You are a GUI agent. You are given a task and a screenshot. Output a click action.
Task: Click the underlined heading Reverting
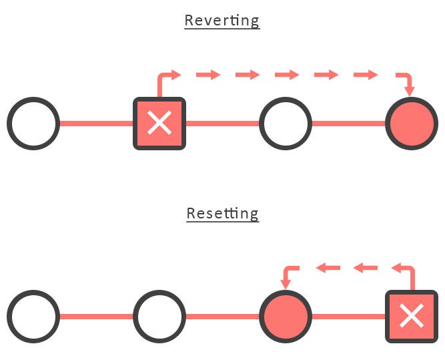point(221,20)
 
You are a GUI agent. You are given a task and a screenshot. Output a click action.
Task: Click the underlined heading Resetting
point(222,214)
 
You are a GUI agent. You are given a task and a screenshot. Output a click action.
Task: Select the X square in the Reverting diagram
point(159,124)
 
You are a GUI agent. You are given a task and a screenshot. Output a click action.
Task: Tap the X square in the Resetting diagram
point(411,316)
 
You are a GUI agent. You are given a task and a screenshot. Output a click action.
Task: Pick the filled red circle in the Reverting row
point(411,124)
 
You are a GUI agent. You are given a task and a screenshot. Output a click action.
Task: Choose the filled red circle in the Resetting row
point(285,316)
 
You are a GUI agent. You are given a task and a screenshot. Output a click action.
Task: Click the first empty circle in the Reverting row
point(33,124)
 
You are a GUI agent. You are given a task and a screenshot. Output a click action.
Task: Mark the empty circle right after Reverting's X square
point(285,124)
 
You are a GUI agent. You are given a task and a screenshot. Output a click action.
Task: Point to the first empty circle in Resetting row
point(33,316)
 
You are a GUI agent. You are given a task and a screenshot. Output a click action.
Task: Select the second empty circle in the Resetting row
point(159,316)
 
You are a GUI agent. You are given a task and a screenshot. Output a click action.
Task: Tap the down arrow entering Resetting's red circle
point(287,277)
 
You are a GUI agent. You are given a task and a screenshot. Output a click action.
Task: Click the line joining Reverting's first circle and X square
point(96,124)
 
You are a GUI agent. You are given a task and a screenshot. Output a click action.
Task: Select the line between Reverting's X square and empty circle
point(222,124)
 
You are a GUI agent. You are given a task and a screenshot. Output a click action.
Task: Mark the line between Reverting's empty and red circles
point(348,124)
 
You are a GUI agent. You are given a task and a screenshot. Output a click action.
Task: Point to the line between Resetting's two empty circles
point(96,316)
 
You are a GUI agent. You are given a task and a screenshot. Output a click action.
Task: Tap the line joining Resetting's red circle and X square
point(348,316)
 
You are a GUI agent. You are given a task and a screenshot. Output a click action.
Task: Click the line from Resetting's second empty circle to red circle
point(222,316)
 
